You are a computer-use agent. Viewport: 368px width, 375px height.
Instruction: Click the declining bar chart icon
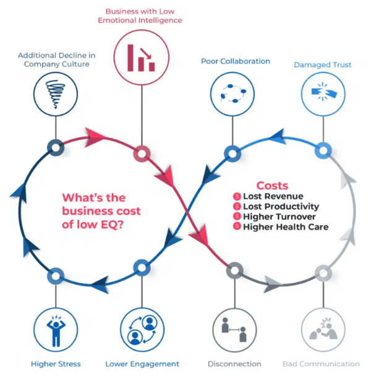tap(142, 56)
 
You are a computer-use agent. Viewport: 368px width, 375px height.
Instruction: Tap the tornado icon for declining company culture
tap(55, 95)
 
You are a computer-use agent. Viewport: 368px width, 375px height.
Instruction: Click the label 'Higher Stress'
tap(56, 364)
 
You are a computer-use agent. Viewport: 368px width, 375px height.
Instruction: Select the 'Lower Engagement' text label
tap(142, 364)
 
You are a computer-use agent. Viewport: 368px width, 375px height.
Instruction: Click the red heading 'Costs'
tap(272, 185)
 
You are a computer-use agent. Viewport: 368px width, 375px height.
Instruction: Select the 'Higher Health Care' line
tap(286, 227)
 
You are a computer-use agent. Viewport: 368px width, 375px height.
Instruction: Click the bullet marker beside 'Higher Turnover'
tap(236, 217)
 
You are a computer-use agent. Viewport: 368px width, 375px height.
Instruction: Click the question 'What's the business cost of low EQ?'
tap(101, 211)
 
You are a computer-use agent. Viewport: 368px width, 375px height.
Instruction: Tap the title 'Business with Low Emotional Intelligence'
tap(143, 15)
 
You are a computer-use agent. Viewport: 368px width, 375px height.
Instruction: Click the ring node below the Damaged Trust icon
tap(323, 150)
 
